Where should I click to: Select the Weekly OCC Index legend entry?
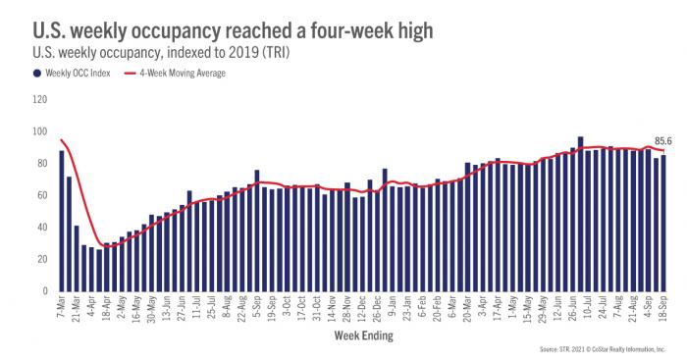coord(73,74)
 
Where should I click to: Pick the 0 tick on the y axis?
coord(45,292)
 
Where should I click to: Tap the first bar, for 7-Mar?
coord(62,221)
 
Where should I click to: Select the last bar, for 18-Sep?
coord(663,224)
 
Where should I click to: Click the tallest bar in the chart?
coord(581,215)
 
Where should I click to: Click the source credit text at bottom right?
coord(600,350)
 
